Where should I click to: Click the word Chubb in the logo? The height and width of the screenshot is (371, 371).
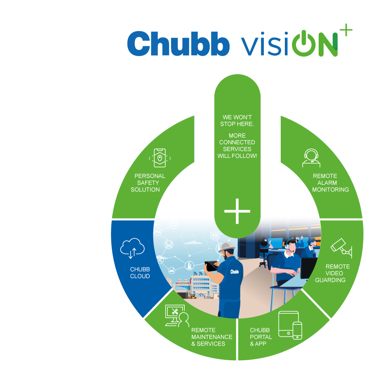pyautogui.click(x=178, y=44)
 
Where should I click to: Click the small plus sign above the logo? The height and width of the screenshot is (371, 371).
pyautogui.click(x=346, y=30)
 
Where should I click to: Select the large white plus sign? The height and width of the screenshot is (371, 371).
pyautogui.click(x=237, y=211)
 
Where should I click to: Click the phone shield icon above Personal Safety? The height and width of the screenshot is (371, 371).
pyautogui.click(x=160, y=158)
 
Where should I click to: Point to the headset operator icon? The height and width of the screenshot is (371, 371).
pyautogui.click(x=311, y=158)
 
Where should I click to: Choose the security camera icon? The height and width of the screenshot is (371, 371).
pyautogui.click(x=341, y=248)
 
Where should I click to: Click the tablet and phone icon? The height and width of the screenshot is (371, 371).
pyautogui.click(x=290, y=325)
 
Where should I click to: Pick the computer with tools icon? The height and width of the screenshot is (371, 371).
pyautogui.click(x=177, y=316)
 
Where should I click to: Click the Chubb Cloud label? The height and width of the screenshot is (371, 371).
pyautogui.click(x=140, y=273)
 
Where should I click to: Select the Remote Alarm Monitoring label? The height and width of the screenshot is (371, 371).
pyautogui.click(x=331, y=183)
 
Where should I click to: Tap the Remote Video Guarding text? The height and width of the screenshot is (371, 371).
pyautogui.click(x=332, y=273)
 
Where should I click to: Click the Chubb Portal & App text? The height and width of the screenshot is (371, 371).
pyautogui.click(x=261, y=337)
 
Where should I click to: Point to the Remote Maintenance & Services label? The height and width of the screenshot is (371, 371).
pyautogui.click(x=212, y=337)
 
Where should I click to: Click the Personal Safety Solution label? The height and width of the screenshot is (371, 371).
pyautogui.click(x=148, y=183)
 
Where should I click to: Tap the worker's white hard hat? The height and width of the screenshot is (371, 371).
pyautogui.click(x=227, y=247)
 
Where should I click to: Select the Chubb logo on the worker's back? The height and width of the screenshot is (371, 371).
pyautogui.click(x=235, y=272)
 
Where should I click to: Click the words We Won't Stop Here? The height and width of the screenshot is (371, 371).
pyautogui.click(x=237, y=121)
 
